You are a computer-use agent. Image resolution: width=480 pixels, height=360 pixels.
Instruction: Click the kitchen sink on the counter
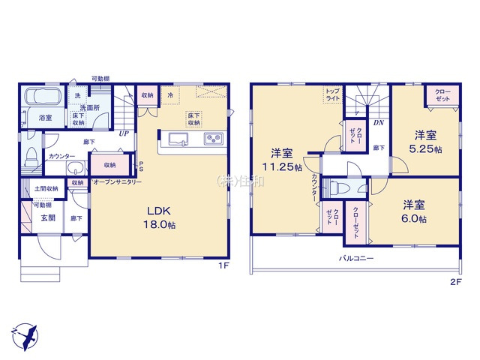181,138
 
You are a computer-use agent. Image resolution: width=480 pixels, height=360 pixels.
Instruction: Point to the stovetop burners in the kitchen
212,138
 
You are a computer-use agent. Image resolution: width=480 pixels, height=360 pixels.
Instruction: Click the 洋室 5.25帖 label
427,142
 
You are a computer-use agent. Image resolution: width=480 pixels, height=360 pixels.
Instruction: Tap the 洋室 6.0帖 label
413,211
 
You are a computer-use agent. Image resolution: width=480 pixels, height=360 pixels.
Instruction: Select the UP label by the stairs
121,133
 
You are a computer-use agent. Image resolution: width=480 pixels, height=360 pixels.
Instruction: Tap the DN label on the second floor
379,122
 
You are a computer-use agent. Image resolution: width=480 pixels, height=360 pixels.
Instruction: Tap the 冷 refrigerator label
170,95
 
